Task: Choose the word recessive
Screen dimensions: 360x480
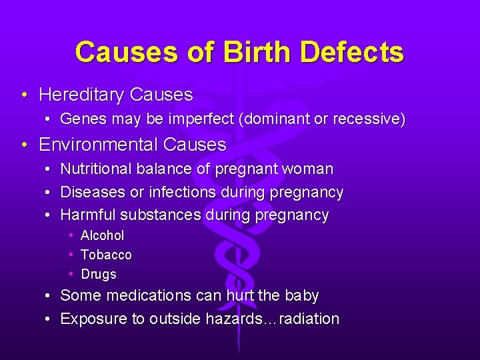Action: pyautogui.click(x=366, y=119)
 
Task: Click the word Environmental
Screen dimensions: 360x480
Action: pyautogui.click(x=98, y=145)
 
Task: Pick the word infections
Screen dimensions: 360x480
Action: pyautogui.click(x=182, y=193)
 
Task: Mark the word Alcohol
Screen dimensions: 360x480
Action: pyautogui.click(x=102, y=235)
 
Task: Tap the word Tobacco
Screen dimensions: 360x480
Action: pyautogui.click(x=106, y=255)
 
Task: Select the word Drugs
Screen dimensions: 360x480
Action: pyautogui.click(x=99, y=274)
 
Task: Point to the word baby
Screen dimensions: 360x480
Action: pyautogui.click(x=301, y=295)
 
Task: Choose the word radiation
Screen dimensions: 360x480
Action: pyautogui.click(x=309, y=319)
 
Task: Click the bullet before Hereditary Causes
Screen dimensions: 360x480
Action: pyautogui.click(x=24, y=95)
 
